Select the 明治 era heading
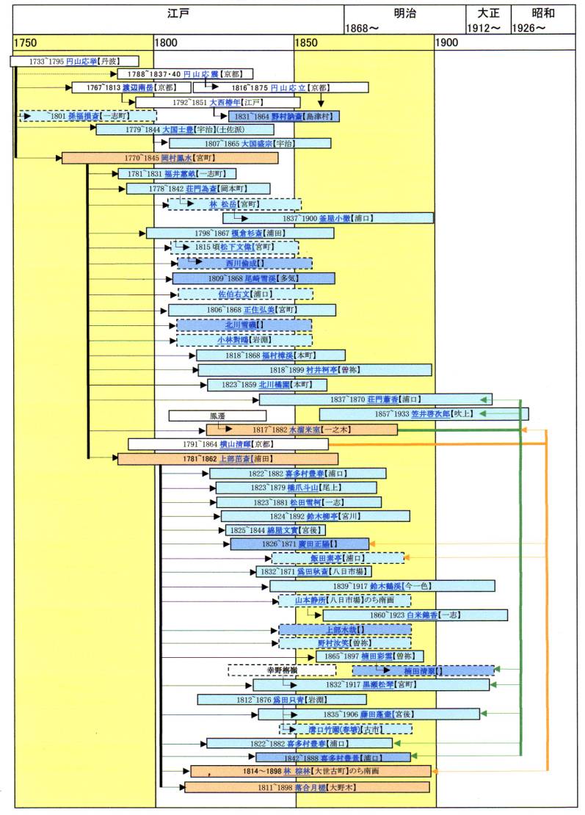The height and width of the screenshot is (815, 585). [404, 14]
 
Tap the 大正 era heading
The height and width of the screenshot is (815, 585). [487, 14]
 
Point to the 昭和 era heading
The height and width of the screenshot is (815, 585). [543, 14]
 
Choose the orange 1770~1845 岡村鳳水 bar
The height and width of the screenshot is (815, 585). [170, 158]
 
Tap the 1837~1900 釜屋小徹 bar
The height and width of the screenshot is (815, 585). [328, 218]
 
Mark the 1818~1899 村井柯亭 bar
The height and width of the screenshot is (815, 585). [315, 370]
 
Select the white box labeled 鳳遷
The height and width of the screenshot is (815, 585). [206, 416]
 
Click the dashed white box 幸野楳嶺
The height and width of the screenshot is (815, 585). [281, 670]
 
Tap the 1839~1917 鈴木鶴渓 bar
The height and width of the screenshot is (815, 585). [382, 586]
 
